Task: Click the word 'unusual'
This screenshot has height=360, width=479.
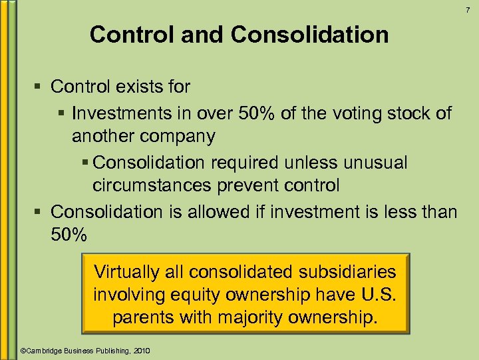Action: coord(373,162)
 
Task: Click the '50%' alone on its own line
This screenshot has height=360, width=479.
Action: coord(69,235)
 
